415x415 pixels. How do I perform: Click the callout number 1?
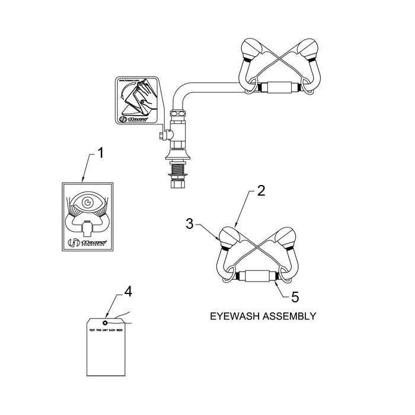[x=100, y=153]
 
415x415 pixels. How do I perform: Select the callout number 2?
[x=261, y=191]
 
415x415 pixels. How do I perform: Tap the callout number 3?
[x=190, y=224]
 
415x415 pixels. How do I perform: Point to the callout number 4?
[x=127, y=291]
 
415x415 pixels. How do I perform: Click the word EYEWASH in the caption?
[x=232, y=316]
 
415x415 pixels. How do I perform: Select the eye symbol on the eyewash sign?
[x=88, y=202]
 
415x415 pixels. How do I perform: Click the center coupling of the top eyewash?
[x=279, y=88]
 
